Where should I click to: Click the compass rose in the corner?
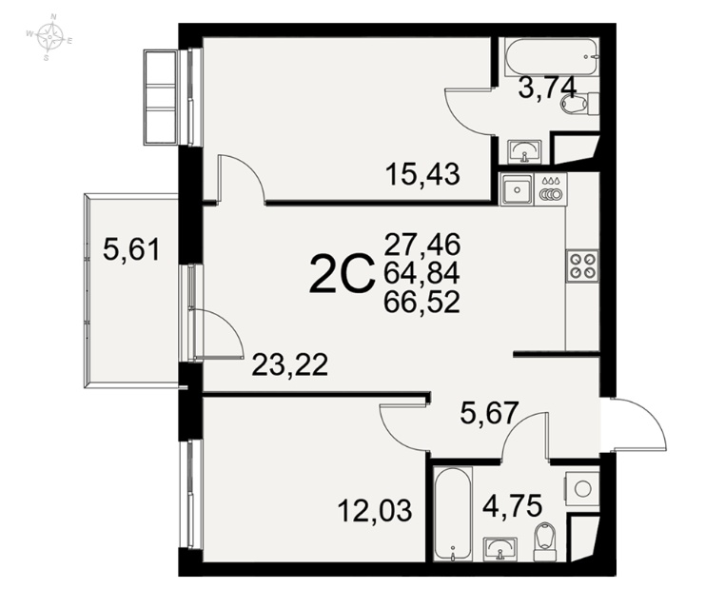(x=49, y=37)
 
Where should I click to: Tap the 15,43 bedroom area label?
(x=422, y=174)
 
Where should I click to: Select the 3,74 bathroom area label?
(x=547, y=88)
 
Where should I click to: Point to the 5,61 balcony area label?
(x=131, y=249)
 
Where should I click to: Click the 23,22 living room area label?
(x=289, y=364)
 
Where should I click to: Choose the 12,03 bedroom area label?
(x=375, y=511)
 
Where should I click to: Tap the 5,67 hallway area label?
(x=489, y=413)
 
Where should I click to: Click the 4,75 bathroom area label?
(x=512, y=506)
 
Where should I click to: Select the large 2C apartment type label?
(x=342, y=273)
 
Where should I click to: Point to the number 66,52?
(x=421, y=302)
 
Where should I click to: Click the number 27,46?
(x=422, y=245)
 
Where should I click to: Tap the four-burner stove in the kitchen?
(x=582, y=265)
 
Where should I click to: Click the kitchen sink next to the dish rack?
(x=517, y=189)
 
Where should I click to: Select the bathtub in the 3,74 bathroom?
(x=552, y=57)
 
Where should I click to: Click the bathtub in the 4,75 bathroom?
(x=453, y=515)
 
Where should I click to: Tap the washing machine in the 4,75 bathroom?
(x=582, y=489)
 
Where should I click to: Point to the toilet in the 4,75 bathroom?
(x=544, y=541)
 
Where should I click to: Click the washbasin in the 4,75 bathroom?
(x=500, y=548)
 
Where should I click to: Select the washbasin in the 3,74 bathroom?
(x=524, y=151)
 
